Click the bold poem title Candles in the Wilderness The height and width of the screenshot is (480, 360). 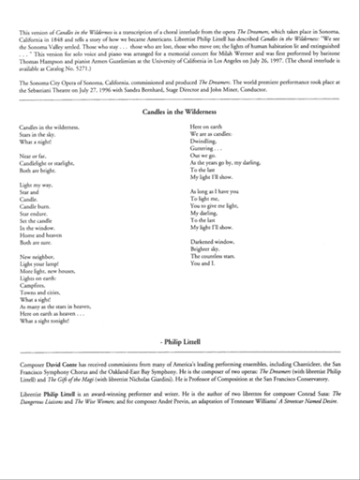pos(180,110)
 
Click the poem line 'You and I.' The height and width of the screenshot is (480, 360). pos(200,263)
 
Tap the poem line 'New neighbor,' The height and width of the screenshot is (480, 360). pos(49,255)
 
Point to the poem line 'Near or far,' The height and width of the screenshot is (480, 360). pos(46,156)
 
